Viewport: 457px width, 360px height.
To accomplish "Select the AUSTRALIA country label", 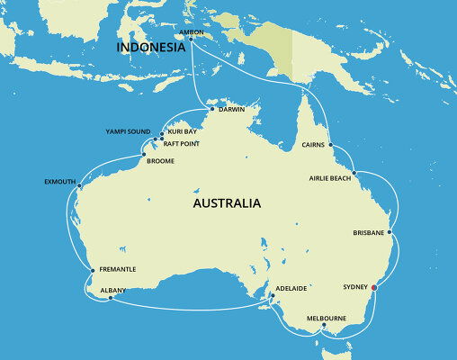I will (x=227, y=203).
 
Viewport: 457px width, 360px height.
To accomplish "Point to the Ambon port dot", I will (x=190, y=38).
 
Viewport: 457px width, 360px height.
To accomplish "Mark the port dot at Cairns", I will (x=330, y=144).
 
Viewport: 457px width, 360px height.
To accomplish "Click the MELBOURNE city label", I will (x=327, y=318).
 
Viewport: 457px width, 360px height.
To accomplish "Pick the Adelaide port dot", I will (x=272, y=296).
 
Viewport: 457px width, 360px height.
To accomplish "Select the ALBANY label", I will (x=113, y=290).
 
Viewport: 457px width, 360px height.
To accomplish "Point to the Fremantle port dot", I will (x=93, y=269).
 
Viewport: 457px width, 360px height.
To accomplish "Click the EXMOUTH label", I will (x=59, y=181).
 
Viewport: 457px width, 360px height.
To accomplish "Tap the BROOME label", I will (x=159, y=161).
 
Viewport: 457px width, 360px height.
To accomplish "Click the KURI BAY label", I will (x=182, y=131).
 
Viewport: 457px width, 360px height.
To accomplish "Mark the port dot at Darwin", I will (x=212, y=110).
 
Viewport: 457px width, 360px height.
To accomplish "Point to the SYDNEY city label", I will (x=355, y=286).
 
